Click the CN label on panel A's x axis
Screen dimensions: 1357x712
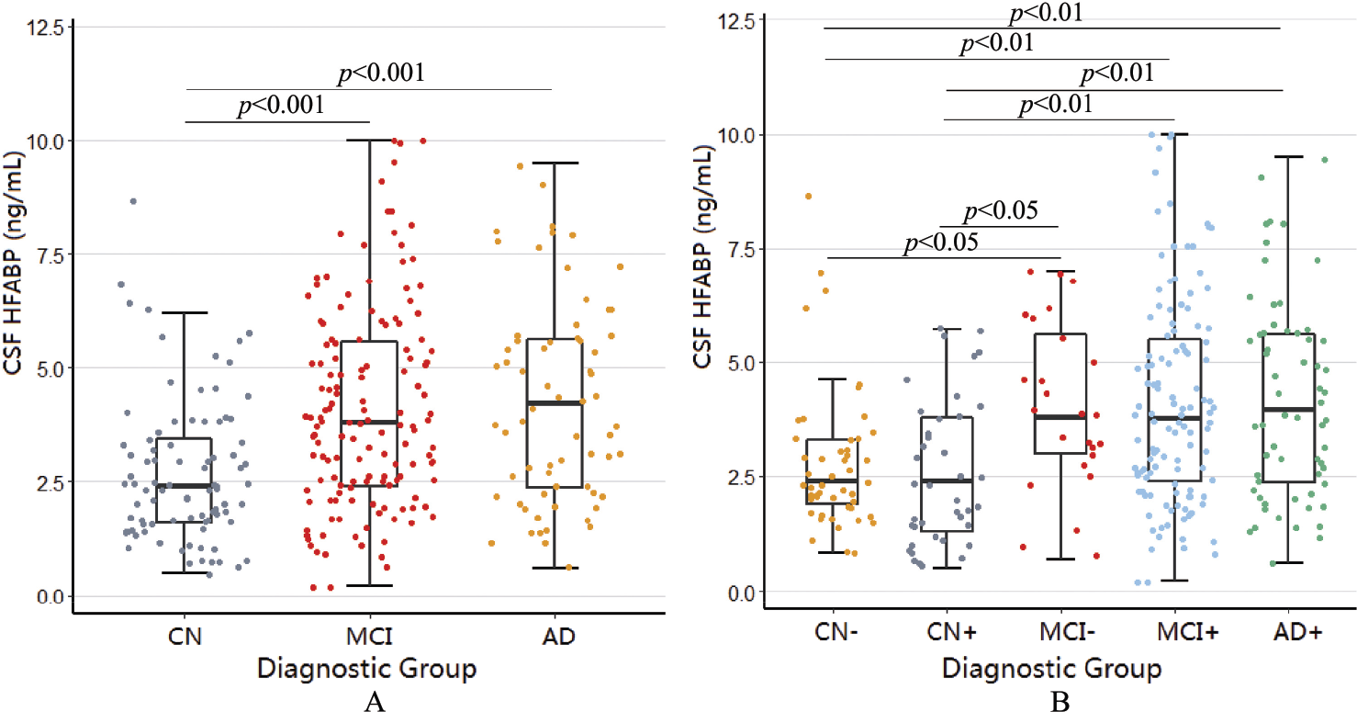click(185, 637)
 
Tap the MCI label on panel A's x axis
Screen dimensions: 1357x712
click(369, 637)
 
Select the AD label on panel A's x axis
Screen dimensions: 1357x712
click(558, 637)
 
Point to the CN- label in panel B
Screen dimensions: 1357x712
click(836, 632)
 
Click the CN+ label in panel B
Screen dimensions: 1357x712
click(952, 632)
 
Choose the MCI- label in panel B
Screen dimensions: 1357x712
click(1068, 632)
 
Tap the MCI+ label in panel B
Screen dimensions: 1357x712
click(1187, 632)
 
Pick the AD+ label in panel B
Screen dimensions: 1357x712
click(1297, 632)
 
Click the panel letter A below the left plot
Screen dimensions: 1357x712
click(375, 702)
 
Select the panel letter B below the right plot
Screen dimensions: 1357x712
click(1060, 702)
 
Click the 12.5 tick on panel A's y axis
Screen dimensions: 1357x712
click(45, 28)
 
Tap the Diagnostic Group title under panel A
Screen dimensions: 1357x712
click(366, 669)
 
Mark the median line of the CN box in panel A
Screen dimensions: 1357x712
click(185, 486)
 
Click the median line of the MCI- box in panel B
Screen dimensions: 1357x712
click(1060, 417)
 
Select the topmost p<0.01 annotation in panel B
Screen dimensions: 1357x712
click(1047, 13)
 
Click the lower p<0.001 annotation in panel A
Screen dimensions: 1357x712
click(281, 106)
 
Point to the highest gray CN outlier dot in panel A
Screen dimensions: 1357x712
click(133, 201)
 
